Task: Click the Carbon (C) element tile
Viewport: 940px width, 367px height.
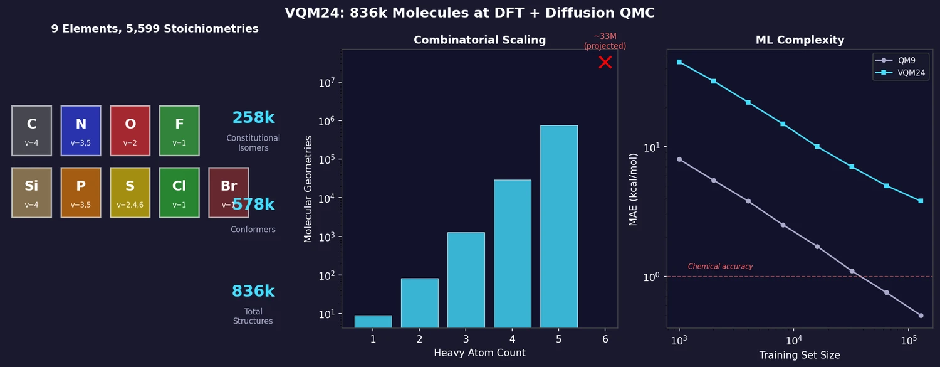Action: (31, 130)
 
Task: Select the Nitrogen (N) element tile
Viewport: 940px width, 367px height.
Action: (81, 130)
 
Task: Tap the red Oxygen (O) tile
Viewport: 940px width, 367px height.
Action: (130, 130)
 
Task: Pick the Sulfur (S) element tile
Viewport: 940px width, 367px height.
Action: (130, 193)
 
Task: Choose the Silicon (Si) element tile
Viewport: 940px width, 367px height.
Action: (31, 193)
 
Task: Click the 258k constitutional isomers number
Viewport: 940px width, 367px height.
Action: (253, 118)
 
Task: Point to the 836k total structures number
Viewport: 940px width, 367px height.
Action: (253, 292)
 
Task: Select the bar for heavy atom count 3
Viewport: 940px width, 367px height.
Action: (466, 280)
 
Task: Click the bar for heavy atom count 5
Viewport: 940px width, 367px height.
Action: (558, 226)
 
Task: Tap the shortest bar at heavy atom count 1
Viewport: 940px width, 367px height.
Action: (373, 321)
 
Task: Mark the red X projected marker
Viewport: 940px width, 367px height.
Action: (605, 62)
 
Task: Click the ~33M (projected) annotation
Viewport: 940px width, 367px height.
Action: (605, 41)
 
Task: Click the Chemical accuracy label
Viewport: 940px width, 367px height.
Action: (720, 267)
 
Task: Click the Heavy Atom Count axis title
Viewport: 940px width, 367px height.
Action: (479, 353)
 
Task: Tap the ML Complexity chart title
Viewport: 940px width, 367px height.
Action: (800, 40)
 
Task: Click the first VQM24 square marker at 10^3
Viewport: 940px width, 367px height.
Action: (679, 62)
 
